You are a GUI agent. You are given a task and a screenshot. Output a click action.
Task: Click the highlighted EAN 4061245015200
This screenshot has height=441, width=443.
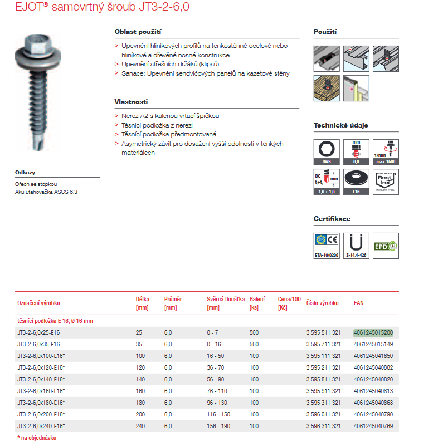click(373, 332)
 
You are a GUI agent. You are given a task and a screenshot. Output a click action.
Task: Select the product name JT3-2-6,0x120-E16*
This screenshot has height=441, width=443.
click(41, 367)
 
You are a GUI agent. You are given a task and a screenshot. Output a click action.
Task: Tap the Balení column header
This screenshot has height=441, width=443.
click(257, 303)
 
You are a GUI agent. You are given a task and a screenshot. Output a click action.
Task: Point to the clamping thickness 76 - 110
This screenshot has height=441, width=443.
click(217, 391)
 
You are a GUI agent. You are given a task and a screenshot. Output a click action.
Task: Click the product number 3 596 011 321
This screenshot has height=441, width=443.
click(323, 414)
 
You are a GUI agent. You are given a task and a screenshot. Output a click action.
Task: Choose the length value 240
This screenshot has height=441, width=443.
click(140, 426)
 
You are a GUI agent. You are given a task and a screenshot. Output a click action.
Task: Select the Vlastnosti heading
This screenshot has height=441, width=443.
click(131, 102)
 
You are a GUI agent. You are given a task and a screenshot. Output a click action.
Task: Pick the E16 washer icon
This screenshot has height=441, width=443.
click(357, 182)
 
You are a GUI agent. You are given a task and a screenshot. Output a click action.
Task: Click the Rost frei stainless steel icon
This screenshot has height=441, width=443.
click(386, 182)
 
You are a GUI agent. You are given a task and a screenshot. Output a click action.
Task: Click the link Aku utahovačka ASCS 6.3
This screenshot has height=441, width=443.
click(46, 192)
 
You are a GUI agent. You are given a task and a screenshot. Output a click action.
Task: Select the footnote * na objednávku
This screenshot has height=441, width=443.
click(37, 438)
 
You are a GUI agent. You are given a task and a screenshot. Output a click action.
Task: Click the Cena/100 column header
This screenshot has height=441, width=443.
click(289, 303)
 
